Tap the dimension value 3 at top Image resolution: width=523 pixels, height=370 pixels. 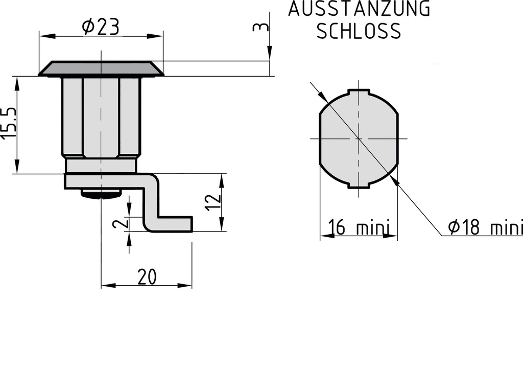[261, 27]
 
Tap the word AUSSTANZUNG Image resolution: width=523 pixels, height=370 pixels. [359, 10]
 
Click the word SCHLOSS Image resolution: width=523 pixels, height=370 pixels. [359, 31]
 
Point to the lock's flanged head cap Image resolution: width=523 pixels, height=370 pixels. [101, 69]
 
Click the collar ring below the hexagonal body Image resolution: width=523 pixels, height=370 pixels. [101, 165]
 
